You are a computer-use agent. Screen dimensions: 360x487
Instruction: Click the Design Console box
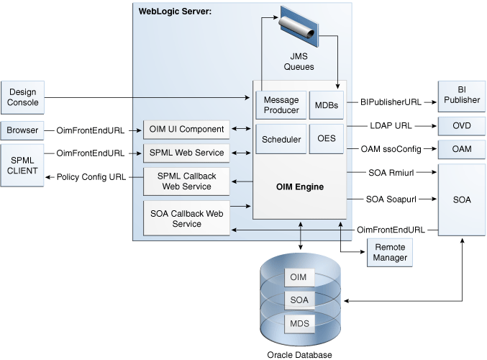23,97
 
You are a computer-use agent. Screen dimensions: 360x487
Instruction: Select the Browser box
23,130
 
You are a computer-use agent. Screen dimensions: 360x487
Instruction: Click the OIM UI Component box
186,130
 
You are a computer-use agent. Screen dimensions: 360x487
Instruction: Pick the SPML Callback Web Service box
186,181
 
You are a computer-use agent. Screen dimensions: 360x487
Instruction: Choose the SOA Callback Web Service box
186,219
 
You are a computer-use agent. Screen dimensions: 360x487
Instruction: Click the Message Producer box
281,105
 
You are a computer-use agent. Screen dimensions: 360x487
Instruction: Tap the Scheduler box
281,139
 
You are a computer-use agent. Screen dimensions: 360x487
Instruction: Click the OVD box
461,125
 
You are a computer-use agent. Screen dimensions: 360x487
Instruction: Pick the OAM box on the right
461,149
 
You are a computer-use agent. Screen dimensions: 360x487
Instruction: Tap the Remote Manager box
389,253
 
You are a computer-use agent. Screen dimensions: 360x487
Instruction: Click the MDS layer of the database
299,323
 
